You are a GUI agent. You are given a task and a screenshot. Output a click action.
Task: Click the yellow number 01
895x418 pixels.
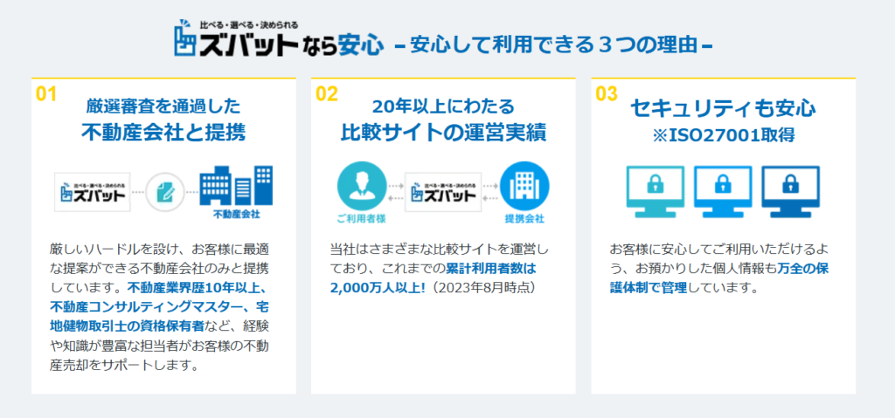point(46,94)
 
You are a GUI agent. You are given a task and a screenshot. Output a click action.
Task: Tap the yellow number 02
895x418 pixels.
point(327,94)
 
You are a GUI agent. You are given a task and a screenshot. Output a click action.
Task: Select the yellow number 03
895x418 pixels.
point(607,94)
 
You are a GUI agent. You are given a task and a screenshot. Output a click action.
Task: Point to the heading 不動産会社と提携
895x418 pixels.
point(163,133)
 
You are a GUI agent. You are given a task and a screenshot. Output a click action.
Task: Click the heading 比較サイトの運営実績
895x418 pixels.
point(443,133)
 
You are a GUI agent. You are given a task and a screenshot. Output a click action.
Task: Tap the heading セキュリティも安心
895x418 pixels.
point(723,108)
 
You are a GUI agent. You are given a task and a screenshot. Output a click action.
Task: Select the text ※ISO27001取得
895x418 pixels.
point(723,135)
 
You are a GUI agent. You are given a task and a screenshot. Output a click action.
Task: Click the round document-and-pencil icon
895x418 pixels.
point(165,192)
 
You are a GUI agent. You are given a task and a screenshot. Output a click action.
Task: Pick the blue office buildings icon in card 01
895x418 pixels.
point(236,185)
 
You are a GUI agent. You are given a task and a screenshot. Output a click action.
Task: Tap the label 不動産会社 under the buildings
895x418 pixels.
point(236,215)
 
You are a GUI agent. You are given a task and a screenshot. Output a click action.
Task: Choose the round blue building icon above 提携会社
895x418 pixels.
point(524,186)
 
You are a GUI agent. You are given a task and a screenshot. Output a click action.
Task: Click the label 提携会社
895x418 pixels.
point(524,218)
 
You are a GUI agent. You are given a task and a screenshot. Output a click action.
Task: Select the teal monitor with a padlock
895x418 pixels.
point(656,191)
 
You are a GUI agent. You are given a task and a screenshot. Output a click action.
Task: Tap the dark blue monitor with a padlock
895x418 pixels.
point(790,191)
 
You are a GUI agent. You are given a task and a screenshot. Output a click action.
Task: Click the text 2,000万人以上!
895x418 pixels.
point(378,288)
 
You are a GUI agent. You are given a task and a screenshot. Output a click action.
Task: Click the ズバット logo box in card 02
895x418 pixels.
point(443,192)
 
